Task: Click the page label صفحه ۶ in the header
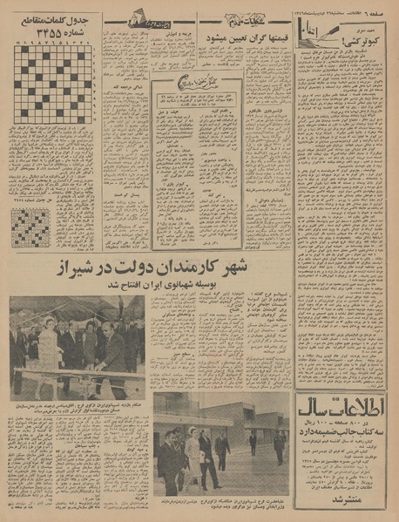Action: pos(378,7)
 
